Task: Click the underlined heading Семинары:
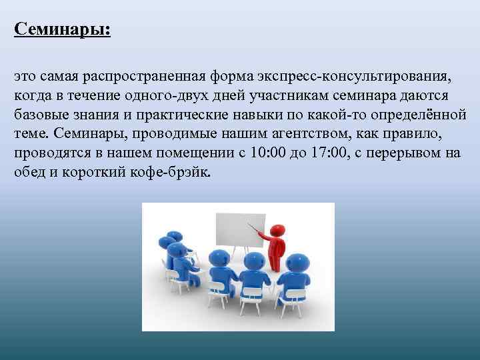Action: pos(63,30)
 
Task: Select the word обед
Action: pos(29,173)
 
